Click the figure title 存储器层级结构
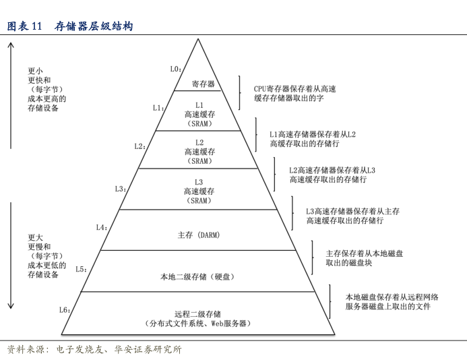pyautogui.click(x=94, y=26)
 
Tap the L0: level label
pyautogui.click(x=175, y=69)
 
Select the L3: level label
pyautogui.click(x=121, y=189)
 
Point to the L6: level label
pyautogui.click(x=65, y=310)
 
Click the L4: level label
pyautogui.click(x=102, y=227)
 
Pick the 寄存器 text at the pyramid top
pyautogui.click(x=203, y=84)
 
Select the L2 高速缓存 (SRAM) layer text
pyautogui.click(x=199, y=152)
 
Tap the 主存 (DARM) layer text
pyautogui.click(x=199, y=235)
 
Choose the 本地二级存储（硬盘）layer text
pyautogui.click(x=199, y=276)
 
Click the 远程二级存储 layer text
pyautogui.click(x=198, y=318)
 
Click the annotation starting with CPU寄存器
pyautogui.click(x=294, y=93)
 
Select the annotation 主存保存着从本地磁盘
pyautogui.click(x=365, y=258)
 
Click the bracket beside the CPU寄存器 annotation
pyautogui.click(x=239, y=92)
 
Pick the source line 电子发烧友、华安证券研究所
pyautogui.click(x=94, y=349)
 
